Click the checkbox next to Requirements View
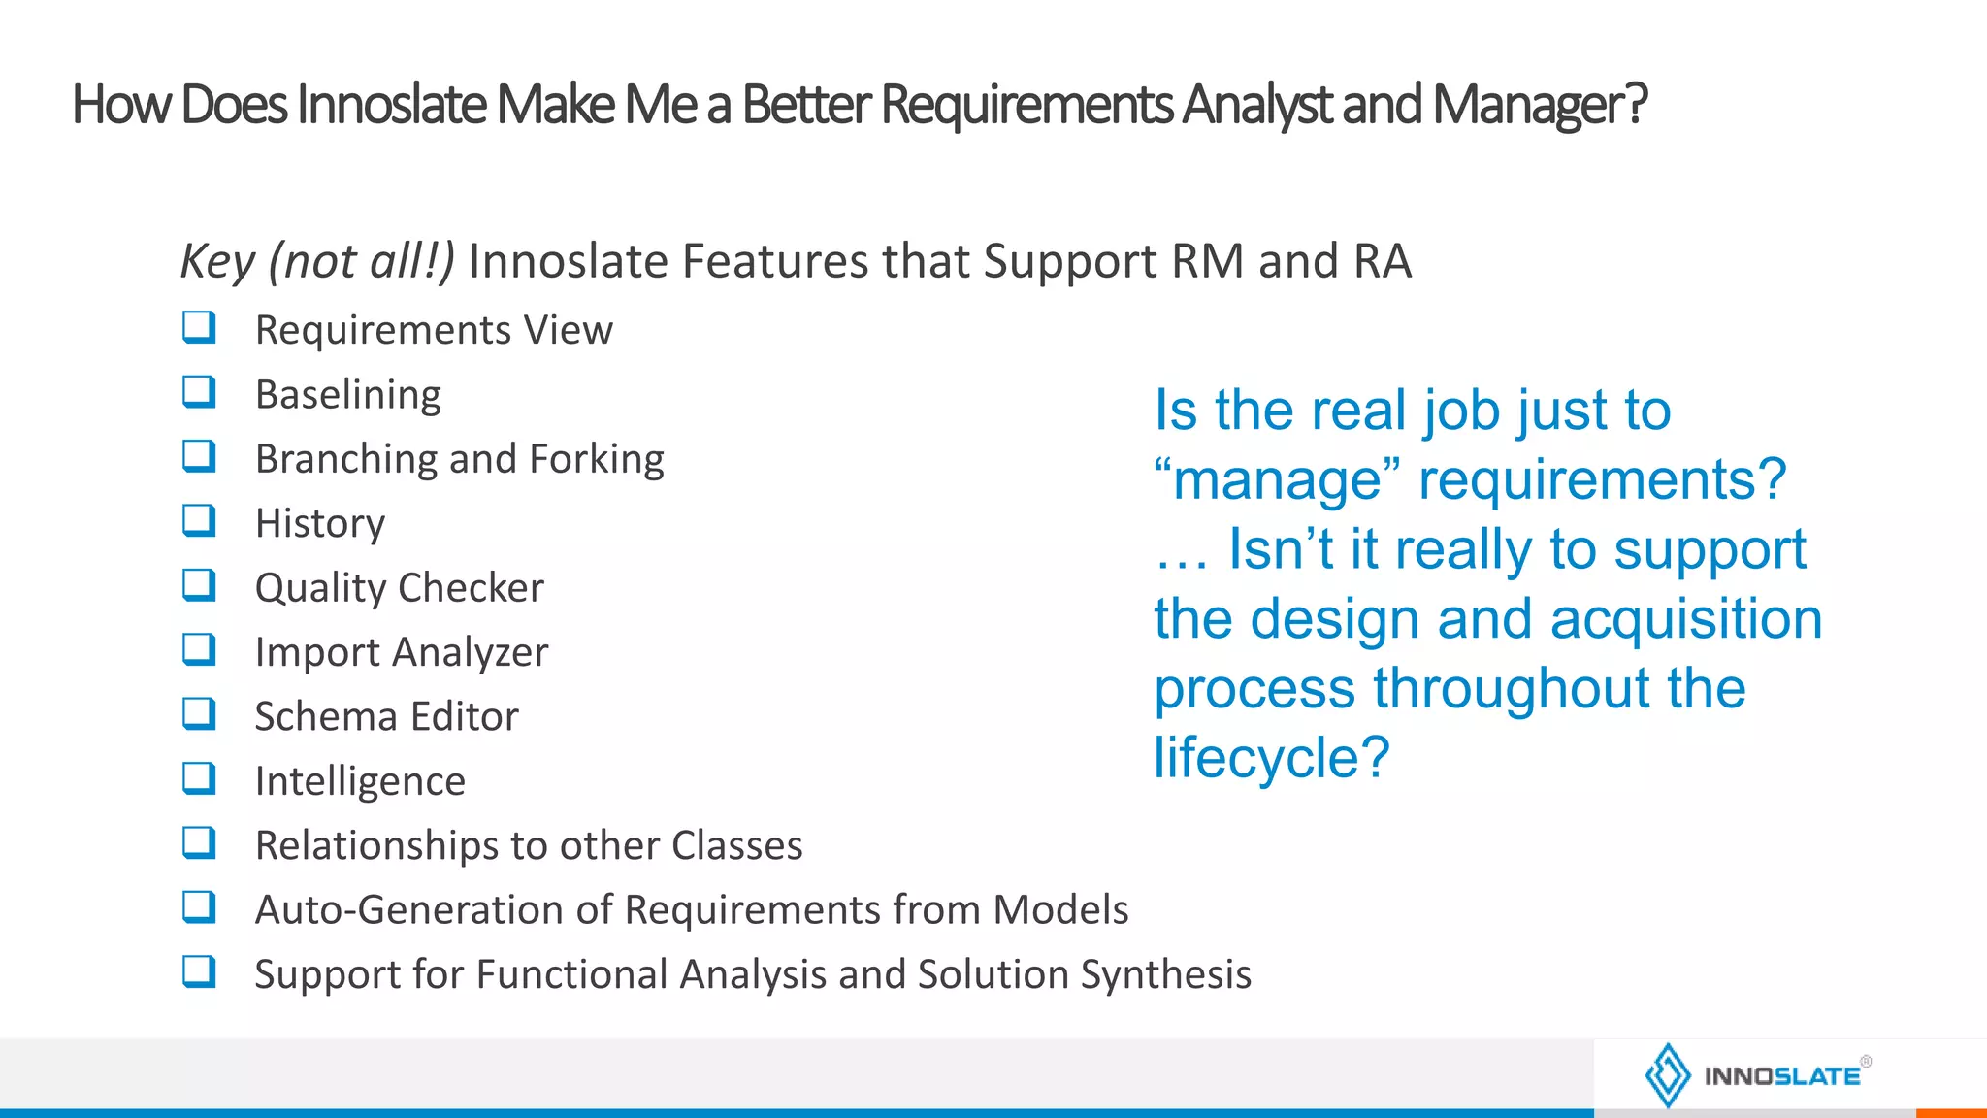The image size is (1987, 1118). click(x=199, y=327)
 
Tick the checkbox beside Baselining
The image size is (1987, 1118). click(x=199, y=392)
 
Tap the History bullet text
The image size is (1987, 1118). click(x=319, y=524)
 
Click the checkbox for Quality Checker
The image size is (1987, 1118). click(x=199, y=585)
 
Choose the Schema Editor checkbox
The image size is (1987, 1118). click(x=199, y=714)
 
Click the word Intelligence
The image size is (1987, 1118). click(x=360, y=781)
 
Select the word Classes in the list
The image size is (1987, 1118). click(x=736, y=845)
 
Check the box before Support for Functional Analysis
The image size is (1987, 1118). click(x=199, y=971)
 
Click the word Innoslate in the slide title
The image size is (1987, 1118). click(x=391, y=105)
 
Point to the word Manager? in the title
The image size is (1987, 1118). click(x=1539, y=105)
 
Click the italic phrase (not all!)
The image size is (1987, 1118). click(x=361, y=261)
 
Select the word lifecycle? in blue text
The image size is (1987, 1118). click(x=1271, y=758)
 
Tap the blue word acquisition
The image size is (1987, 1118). click(x=1686, y=619)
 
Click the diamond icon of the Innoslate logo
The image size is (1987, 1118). click(x=1668, y=1075)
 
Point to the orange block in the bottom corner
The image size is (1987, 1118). click(x=1951, y=1112)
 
